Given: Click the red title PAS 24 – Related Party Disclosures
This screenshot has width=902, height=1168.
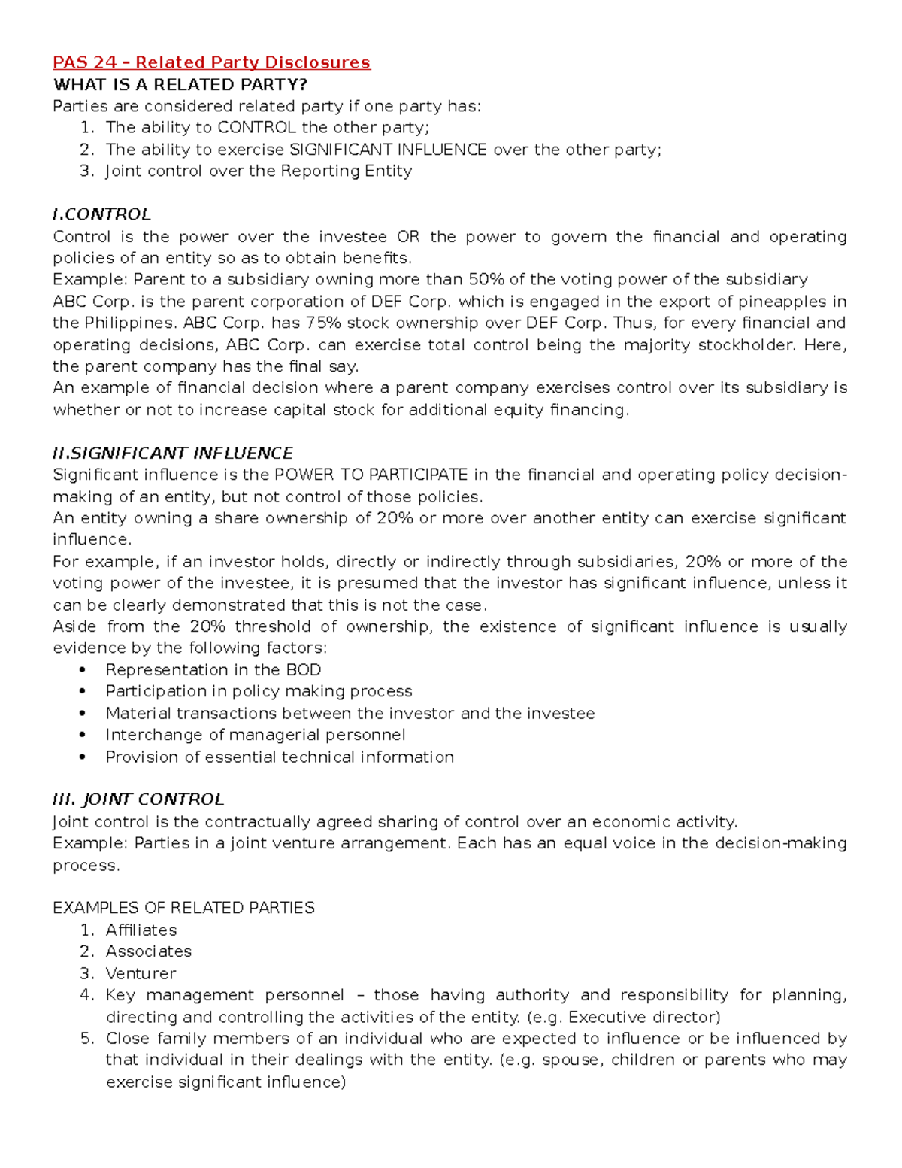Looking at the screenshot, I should click(x=211, y=62).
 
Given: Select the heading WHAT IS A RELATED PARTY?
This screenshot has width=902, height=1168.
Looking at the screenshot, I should click(x=180, y=84).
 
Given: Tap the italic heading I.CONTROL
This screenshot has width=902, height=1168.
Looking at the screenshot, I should click(x=101, y=214).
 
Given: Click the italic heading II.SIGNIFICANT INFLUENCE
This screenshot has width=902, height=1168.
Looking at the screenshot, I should click(x=172, y=454).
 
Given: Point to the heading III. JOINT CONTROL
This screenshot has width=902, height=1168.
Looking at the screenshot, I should click(x=138, y=799).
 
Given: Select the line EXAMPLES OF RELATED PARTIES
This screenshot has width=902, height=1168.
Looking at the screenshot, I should click(x=183, y=908).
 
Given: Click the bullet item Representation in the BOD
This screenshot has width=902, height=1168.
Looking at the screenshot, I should click(x=213, y=670).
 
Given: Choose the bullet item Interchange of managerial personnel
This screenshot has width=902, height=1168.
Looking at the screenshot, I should click(x=255, y=735).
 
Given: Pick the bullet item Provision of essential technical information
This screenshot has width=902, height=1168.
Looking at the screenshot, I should click(x=279, y=757).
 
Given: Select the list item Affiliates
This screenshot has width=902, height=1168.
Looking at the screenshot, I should click(x=141, y=930).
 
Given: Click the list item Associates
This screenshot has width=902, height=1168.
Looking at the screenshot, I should click(x=148, y=951).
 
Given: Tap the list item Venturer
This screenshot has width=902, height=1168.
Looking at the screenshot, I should click(x=141, y=973).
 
